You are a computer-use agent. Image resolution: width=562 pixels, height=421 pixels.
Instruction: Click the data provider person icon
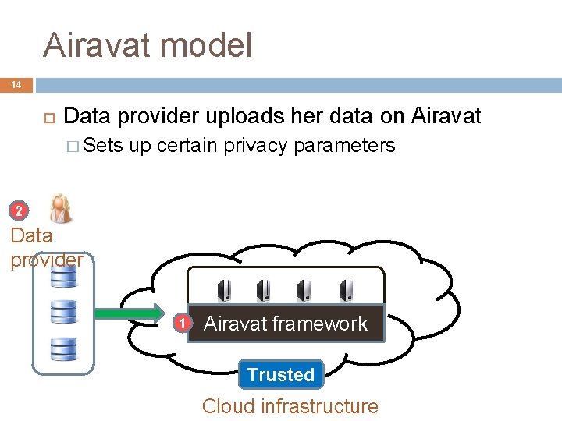tap(59, 208)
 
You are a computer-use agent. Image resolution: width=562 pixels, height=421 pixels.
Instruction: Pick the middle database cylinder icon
tap(63, 311)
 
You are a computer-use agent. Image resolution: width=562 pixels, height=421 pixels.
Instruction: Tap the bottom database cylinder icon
tap(63, 347)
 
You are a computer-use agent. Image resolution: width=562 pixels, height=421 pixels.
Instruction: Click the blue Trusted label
tap(281, 375)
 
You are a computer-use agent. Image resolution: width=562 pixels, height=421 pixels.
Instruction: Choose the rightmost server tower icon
tap(344, 291)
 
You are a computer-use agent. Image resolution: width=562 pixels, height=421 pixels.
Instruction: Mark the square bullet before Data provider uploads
tap(48, 118)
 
